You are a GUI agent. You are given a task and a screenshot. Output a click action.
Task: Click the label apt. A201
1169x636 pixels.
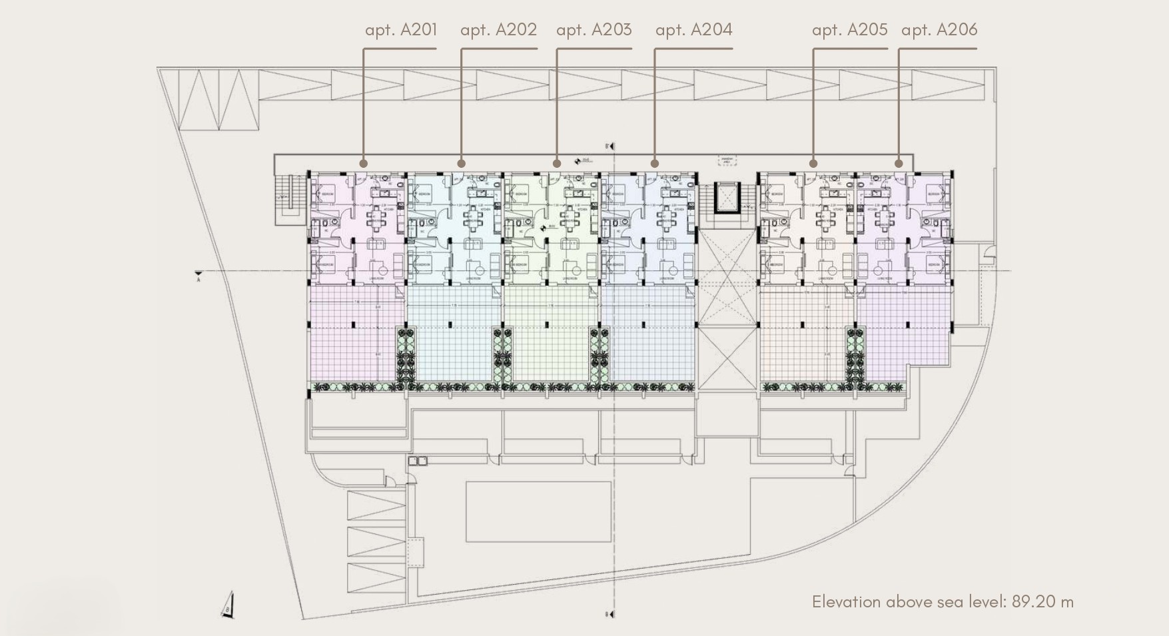click(x=401, y=29)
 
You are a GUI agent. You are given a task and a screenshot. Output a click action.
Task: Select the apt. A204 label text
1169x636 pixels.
click(x=693, y=29)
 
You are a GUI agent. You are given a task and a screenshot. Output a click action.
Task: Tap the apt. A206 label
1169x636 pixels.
click(x=939, y=29)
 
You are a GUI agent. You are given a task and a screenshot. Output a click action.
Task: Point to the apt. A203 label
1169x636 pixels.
click(x=593, y=29)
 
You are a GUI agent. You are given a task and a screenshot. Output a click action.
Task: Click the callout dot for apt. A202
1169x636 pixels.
click(x=462, y=163)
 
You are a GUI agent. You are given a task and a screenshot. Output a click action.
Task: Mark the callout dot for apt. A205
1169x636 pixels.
click(x=813, y=163)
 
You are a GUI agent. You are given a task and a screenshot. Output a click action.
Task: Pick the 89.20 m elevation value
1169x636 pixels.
click(x=1042, y=601)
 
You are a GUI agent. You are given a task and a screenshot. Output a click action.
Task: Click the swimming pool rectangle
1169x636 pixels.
click(x=538, y=512)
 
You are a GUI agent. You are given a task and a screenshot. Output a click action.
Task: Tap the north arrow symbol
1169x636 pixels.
click(x=228, y=605)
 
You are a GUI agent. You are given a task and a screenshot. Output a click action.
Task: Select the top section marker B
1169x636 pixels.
click(x=607, y=146)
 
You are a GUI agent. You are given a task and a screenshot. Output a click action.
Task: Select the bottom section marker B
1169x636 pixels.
click(x=607, y=614)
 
